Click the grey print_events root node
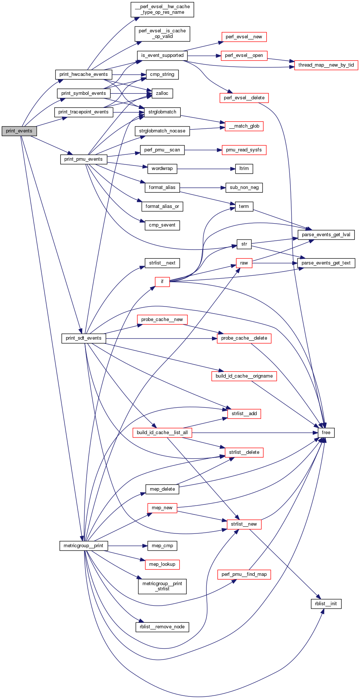(19, 131)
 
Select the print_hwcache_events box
(83, 74)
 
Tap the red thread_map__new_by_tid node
(326, 65)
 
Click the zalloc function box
(162, 93)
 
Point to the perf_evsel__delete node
(244, 98)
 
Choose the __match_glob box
(244, 126)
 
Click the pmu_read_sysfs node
(244, 150)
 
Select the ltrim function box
(244, 169)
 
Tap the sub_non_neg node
(244, 187)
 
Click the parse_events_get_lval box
(326, 235)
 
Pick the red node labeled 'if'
(162, 282)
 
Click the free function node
(326, 433)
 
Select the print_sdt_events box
(83, 338)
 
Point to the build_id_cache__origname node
(244, 376)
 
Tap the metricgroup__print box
(83, 546)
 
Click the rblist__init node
(326, 603)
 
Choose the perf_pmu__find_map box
(244, 574)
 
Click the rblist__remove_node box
(162, 627)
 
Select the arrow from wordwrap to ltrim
(206, 169)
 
